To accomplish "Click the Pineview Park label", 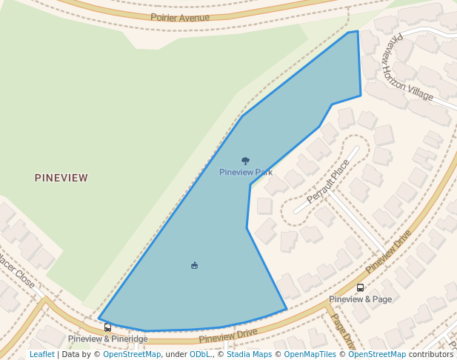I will click(x=246, y=173).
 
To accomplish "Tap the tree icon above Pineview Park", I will click(x=246, y=161).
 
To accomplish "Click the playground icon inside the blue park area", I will click(x=194, y=265).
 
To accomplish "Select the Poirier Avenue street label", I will click(x=180, y=17).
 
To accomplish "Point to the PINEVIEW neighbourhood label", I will click(x=61, y=178).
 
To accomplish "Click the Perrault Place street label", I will click(x=327, y=181).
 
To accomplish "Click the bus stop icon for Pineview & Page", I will click(x=360, y=287).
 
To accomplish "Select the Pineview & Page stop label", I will click(x=360, y=299).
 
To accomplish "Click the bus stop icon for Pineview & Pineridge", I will click(x=108, y=327).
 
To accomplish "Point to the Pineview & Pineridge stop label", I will click(x=108, y=339).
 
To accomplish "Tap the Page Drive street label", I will click(x=342, y=331).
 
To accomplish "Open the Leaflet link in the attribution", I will click(x=42, y=354).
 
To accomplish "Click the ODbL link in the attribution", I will click(x=200, y=354).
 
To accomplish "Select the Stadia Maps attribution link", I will click(x=249, y=354).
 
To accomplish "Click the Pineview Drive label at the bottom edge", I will click(x=228, y=336).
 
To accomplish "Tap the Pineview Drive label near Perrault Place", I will click(x=387, y=252).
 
